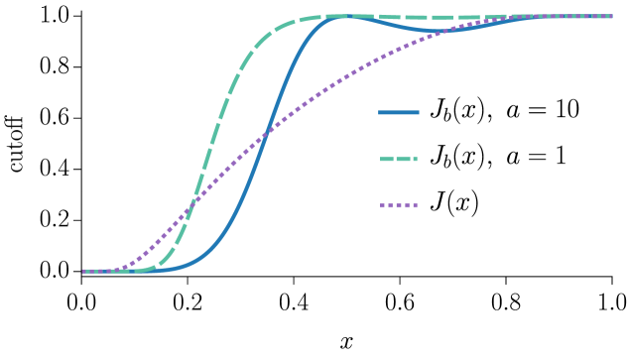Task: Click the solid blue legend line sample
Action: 399,112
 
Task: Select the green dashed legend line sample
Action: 399,159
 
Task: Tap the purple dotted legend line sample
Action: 399,205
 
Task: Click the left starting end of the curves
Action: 84,271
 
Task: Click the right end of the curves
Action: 611,16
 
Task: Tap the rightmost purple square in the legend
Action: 415,205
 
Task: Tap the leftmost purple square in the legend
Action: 382,205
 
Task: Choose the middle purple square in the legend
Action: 399,205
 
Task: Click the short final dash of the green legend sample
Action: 414,159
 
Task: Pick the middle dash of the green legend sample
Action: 401,159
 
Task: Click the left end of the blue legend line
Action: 380,112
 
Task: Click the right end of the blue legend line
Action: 418,112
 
